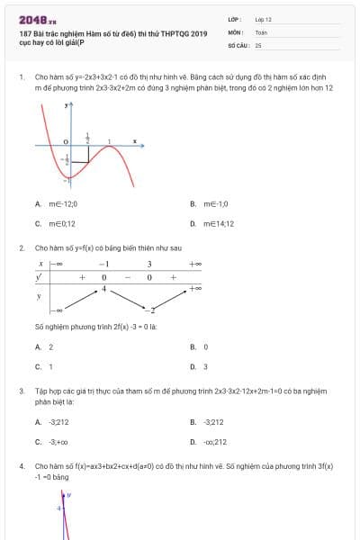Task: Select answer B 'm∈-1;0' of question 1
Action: click(x=216, y=203)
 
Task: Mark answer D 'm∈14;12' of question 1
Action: click(x=219, y=223)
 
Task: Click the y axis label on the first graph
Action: click(x=67, y=105)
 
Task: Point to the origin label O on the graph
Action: click(x=66, y=142)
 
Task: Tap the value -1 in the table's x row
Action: click(x=103, y=264)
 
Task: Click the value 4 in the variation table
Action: click(x=103, y=289)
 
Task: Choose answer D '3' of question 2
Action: click(x=205, y=366)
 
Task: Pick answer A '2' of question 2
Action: click(x=50, y=346)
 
